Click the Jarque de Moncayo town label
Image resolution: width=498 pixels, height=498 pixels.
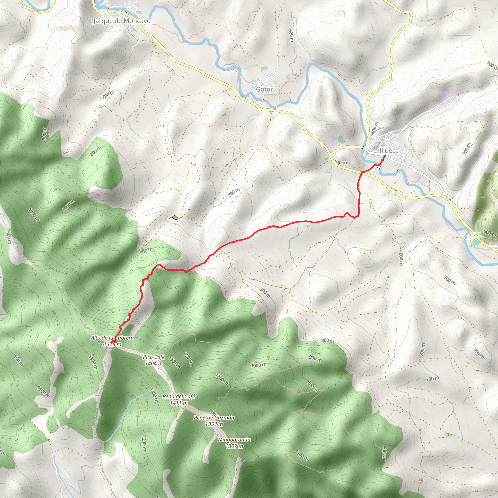pos(122,21)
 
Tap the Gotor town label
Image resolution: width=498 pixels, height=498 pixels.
pos(264,89)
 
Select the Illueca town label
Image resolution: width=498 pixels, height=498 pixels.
pos(389,151)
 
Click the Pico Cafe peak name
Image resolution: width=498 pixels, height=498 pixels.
pos(154,357)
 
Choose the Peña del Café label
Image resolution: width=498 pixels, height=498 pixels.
pos(179,396)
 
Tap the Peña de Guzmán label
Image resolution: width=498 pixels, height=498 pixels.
pos(214,418)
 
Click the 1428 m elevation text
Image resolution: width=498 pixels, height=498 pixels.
pos(113,344)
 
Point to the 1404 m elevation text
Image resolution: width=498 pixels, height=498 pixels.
pos(154,364)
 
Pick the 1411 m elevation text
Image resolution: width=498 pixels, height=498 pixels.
pos(179,403)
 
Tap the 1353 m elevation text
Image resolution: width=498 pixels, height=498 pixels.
pos(214,424)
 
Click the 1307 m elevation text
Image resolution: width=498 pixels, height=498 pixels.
pos(234,446)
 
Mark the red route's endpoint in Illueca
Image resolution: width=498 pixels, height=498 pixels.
pos(384,156)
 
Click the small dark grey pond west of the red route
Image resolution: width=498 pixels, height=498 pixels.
pos(175,218)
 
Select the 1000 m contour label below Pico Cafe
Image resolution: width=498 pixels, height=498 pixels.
pos(258,365)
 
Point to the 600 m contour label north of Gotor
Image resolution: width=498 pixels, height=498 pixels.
pos(291,36)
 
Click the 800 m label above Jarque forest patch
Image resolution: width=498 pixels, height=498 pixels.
pos(96,151)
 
